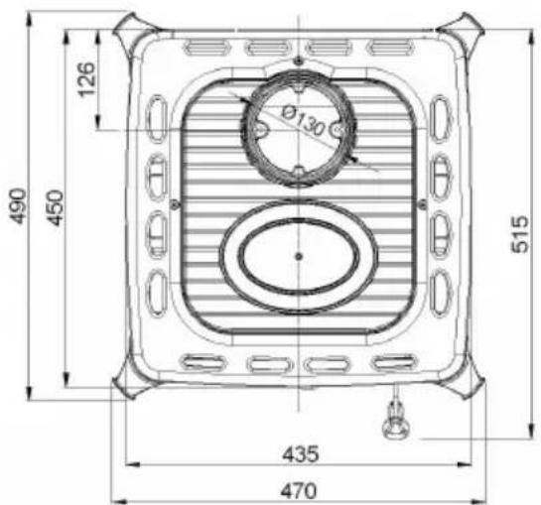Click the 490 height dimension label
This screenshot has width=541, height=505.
[x=18, y=206]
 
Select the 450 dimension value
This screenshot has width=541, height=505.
[x=56, y=207]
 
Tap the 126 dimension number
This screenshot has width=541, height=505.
[x=85, y=79]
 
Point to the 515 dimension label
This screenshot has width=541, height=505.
[x=519, y=234]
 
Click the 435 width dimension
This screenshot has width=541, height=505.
[x=301, y=454]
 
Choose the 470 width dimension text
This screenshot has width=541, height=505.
[x=298, y=490]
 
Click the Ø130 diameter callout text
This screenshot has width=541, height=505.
[x=303, y=121]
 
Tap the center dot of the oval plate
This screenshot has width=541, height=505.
[x=299, y=256]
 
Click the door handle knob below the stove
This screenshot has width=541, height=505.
[x=396, y=423]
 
